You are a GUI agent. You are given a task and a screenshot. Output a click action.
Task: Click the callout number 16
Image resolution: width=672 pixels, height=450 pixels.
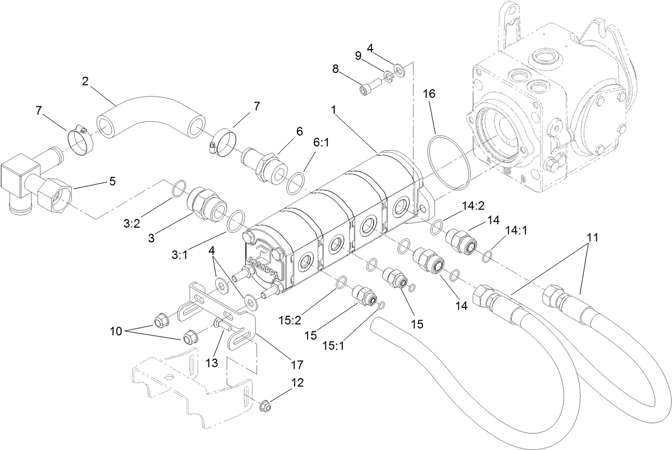pyautogui.click(x=429, y=94)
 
